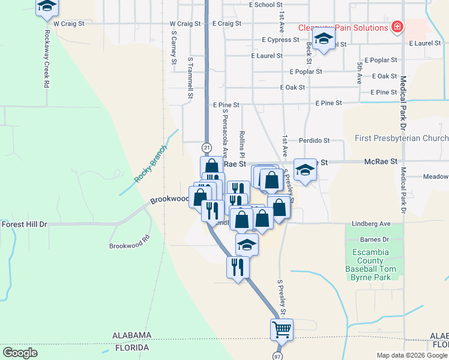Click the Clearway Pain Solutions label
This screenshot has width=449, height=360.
pos(343,28)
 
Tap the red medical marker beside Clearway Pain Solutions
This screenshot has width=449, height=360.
pos(396,27)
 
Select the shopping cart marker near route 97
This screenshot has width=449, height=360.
pos(282,329)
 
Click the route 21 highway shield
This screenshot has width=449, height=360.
pos(206,147)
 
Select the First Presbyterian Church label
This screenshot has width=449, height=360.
pos(402,139)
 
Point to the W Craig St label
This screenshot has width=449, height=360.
pos(67,23)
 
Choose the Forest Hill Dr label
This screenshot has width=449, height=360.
pos(24,224)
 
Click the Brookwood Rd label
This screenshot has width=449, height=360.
pos(128,246)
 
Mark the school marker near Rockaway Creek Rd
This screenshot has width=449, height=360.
pos(46,8)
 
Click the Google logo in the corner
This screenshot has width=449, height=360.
pos(20,352)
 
